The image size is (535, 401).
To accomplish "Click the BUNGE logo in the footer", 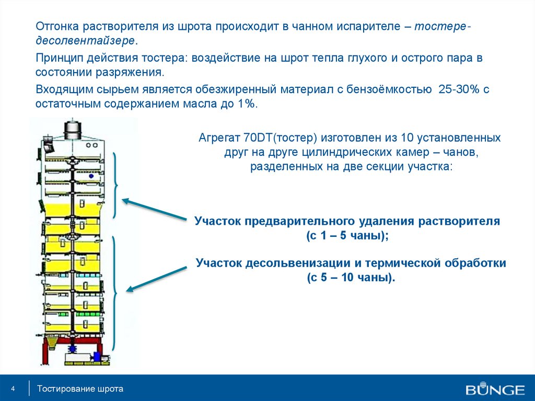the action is coord(495,388).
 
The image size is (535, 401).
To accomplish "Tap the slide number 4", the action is coord(13,388).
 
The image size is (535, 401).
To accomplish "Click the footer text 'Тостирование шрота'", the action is coord(80,388).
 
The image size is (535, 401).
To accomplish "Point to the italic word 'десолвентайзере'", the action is coord(85,41).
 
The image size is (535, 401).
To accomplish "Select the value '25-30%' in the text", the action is coord(459,89).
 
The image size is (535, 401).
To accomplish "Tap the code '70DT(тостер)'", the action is coord(281,138).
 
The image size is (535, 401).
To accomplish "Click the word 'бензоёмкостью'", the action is coord(389,89).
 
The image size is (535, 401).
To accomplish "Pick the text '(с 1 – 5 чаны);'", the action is coord(347,236).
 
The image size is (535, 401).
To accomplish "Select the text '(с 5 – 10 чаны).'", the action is coord(351,277).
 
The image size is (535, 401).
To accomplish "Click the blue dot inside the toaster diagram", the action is coord(91,176).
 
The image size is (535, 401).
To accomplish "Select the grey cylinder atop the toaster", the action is coord(73,130).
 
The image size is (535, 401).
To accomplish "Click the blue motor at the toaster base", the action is coord(97,356).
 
